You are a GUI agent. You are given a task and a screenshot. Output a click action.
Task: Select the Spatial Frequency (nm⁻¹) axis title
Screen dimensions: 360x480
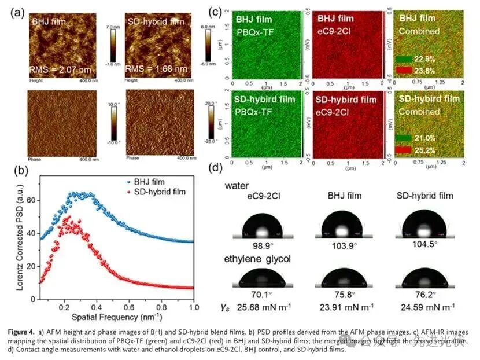click(113, 317)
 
